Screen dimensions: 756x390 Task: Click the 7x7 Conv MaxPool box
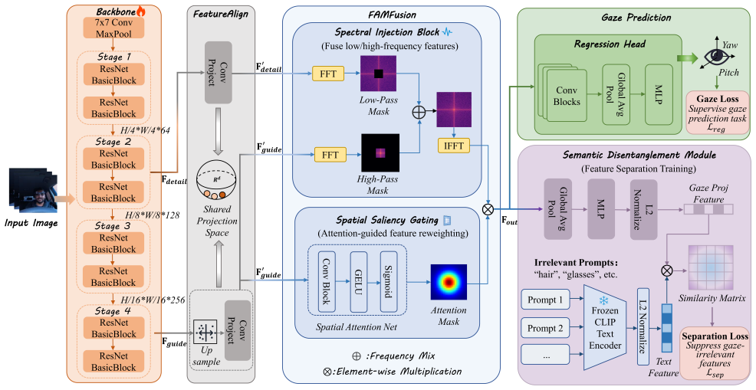[113, 28]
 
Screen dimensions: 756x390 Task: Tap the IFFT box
[454, 146]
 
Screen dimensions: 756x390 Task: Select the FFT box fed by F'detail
[328, 74]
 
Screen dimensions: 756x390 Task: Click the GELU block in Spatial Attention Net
[359, 281]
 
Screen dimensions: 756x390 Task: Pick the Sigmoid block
[388, 281]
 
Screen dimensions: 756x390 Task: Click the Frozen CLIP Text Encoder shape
[605, 328]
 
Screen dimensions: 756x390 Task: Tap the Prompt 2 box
[545, 328]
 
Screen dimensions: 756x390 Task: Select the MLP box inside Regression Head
[659, 94]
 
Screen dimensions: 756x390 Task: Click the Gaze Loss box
[718, 113]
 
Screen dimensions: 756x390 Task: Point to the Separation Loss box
[715, 353]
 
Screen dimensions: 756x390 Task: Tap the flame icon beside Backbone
[141, 11]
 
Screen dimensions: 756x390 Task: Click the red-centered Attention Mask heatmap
[449, 282]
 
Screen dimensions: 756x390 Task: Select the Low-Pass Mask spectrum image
[379, 74]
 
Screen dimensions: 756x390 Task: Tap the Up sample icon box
[205, 333]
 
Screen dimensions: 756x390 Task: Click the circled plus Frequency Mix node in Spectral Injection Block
[419, 113]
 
